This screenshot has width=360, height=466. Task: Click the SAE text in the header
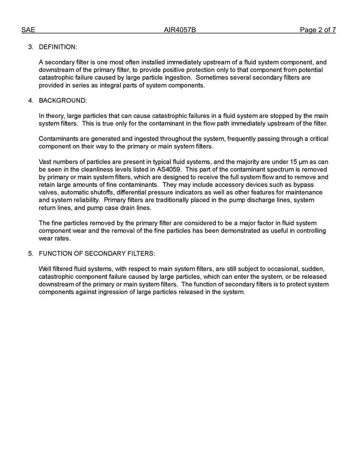(28, 30)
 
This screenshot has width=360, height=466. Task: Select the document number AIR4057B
(180, 30)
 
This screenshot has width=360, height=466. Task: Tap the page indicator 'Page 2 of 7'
(318, 30)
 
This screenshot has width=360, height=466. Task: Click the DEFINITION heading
(58, 47)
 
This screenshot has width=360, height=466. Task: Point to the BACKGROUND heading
(63, 100)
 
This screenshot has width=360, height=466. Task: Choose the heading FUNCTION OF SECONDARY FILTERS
(97, 253)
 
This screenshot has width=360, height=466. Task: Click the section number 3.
(30, 47)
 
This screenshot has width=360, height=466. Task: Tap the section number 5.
(30, 253)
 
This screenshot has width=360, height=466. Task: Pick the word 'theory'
(54, 116)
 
